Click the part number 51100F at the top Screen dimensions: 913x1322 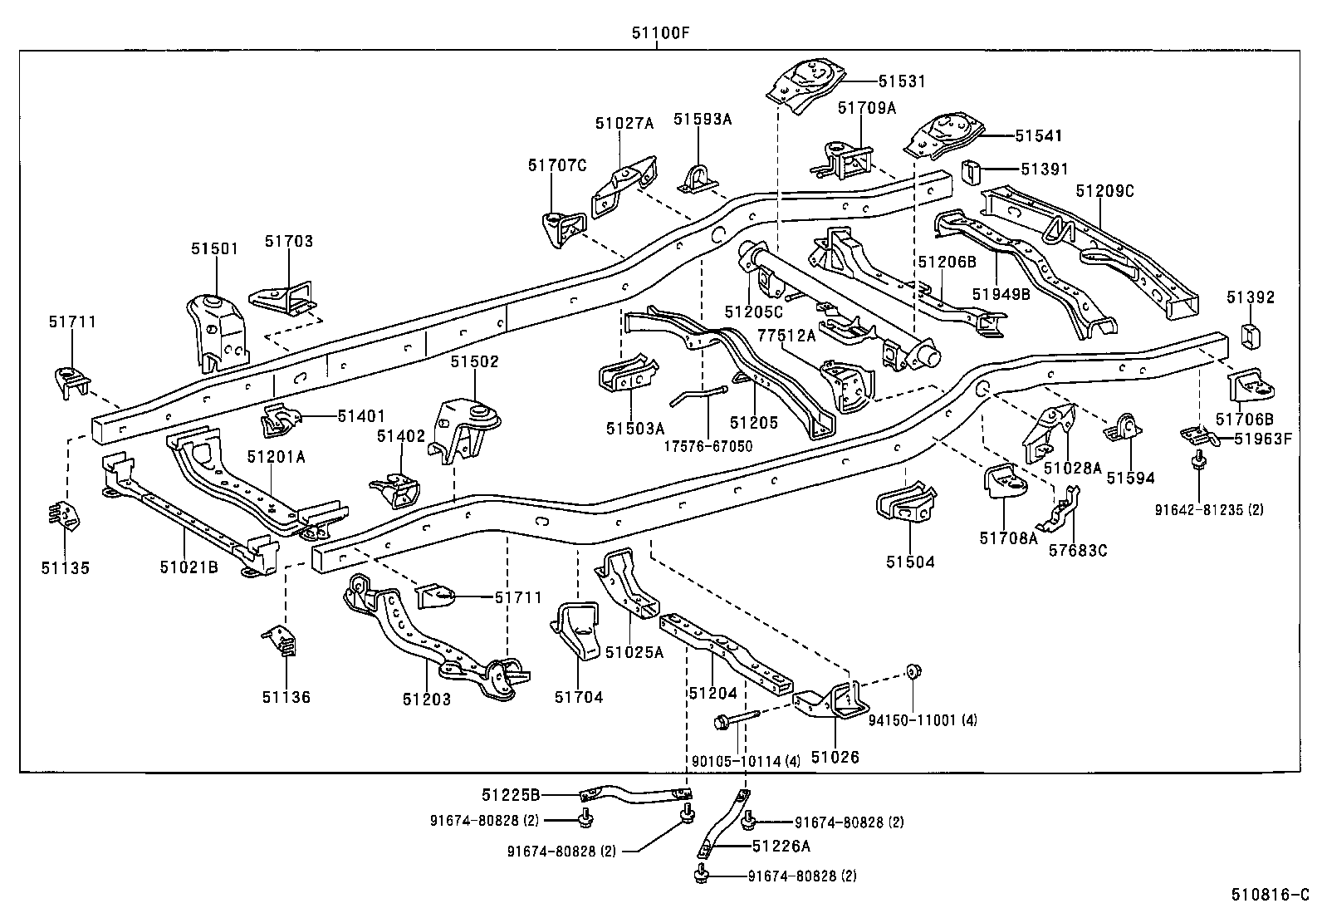[661, 33]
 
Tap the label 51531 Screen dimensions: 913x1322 [902, 81]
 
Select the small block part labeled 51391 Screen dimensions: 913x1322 [972, 173]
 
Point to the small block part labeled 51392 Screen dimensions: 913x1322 [1251, 336]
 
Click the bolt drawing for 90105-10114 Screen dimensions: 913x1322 [736, 719]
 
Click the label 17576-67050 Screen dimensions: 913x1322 [708, 446]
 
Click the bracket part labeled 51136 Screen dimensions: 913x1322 [282, 640]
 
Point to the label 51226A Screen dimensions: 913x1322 [781, 847]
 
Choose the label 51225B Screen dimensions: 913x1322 [511, 793]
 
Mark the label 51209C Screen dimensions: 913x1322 [1104, 191]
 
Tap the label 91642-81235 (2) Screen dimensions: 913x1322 [1209, 509]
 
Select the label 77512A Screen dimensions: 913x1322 [786, 335]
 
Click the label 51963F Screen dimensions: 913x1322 [1263, 439]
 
